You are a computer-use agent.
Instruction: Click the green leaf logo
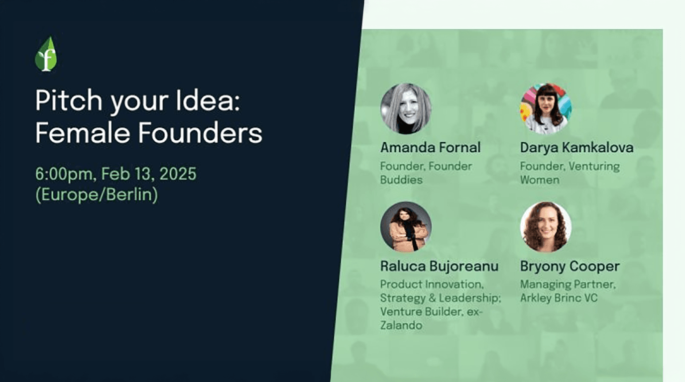click(x=46, y=54)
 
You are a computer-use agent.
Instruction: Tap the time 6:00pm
click(x=64, y=174)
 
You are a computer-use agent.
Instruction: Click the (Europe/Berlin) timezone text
click(x=97, y=194)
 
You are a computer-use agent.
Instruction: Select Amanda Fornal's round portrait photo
click(x=406, y=108)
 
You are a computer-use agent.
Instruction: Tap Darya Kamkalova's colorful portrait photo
click(x=546, y=108)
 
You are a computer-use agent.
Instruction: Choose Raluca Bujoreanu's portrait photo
click(x=406, y=226)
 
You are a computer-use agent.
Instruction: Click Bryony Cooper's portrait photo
click(x=546, y=227)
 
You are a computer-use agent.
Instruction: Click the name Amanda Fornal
click(x=430, y=148)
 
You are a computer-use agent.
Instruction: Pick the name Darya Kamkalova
click(x=576, y=148)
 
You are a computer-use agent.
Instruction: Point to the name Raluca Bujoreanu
click(x=439, y=266)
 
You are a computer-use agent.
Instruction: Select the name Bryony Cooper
click(x=570, y=266)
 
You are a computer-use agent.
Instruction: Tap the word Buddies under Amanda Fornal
click(x=401, y=180)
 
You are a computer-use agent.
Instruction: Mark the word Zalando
click(x=401, y=325)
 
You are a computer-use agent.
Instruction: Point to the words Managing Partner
click(x=568, y=285)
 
